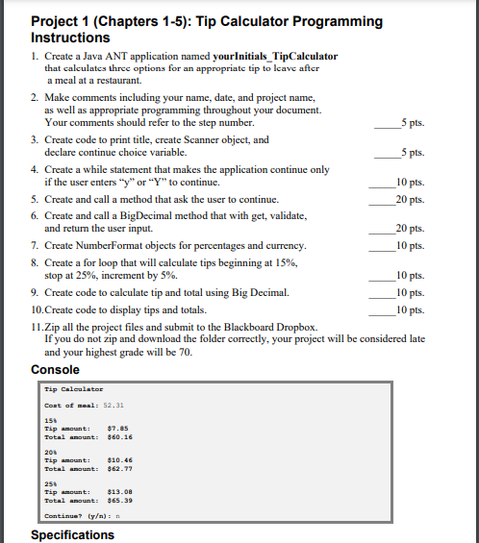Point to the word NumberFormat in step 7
point(114,246)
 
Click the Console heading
point(56,370)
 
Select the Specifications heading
point(72,534)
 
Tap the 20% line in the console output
point(51,453)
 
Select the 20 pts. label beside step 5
point(410,200)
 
